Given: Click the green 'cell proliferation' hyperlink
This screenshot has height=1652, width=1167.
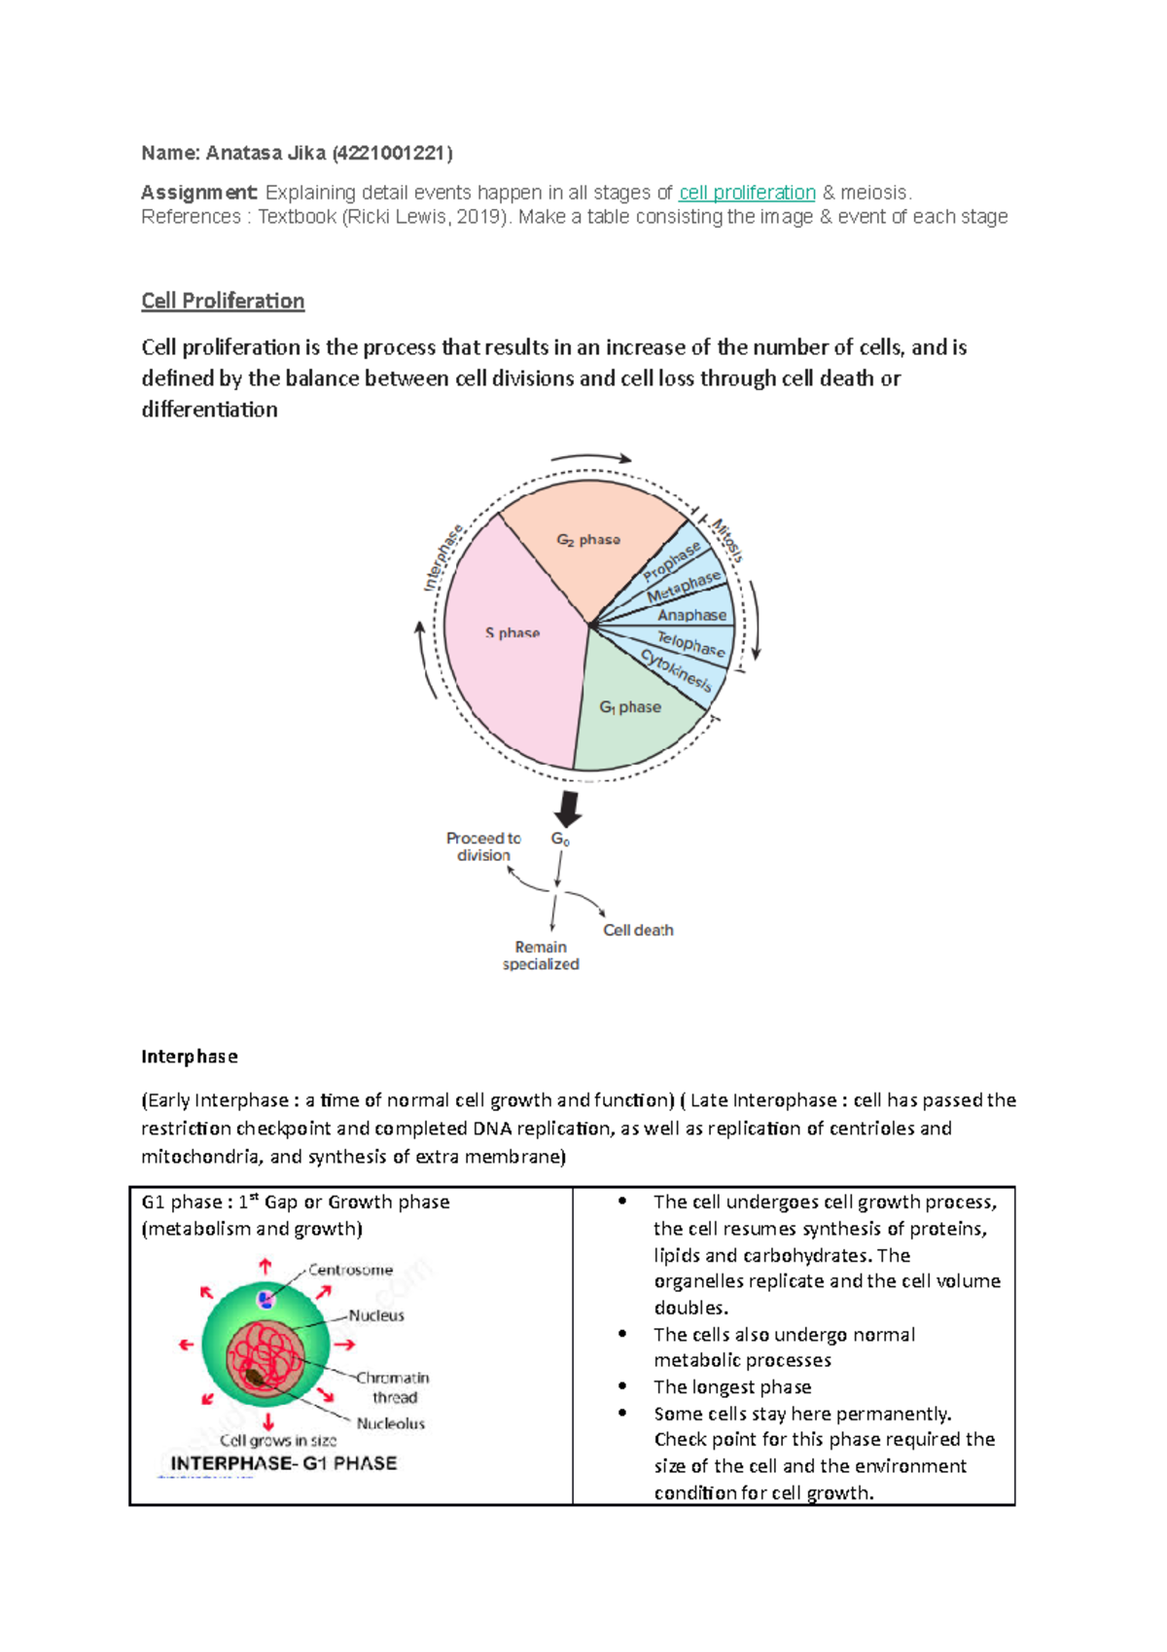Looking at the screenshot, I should (747, 193).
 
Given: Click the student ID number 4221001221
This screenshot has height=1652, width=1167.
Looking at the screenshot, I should (392, 153).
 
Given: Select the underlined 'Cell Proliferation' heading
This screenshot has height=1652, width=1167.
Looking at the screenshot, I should (223, 301).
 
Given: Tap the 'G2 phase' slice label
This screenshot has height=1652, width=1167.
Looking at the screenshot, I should (588, 539).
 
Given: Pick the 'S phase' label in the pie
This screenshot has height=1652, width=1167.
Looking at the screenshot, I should (513, 632).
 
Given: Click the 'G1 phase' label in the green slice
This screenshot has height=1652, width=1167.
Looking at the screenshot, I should (630, 707).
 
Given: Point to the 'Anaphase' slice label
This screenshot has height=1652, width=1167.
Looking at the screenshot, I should (691, 615).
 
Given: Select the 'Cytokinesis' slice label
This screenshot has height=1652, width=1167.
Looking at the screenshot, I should (677, 670).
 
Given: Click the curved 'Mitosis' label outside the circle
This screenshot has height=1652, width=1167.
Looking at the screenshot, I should (727, 540).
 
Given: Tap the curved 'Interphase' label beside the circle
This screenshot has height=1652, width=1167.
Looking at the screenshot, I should (443, 557).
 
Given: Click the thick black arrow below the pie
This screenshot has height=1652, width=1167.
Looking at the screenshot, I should (567, 808).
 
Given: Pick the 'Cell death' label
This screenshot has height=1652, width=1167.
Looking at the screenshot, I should (638, 930).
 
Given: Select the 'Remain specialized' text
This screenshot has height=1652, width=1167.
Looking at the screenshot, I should (541, 955).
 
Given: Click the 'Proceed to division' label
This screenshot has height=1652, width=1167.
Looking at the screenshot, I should (483, 846).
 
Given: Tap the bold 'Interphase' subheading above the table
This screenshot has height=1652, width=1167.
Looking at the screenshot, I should (190, 1057).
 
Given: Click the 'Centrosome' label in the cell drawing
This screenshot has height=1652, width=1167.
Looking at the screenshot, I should (350, 1270).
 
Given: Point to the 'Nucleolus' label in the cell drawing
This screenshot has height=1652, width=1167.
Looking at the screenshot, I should (390, 1423).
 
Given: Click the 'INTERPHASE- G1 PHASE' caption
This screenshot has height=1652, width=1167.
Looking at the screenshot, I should (284, 1463).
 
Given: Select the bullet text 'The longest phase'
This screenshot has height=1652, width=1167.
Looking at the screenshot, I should (732, 1386).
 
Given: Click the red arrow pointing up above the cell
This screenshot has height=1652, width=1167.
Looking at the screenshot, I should (265, 1266).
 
